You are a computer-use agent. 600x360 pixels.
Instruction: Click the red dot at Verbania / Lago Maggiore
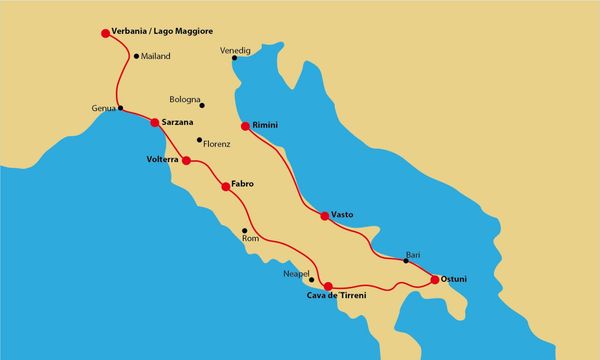point(105,33)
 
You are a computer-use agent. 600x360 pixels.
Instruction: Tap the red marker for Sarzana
point(154,123)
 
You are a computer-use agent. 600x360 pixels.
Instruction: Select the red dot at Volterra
point(186,160)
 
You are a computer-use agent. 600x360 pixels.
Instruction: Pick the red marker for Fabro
point(225,185)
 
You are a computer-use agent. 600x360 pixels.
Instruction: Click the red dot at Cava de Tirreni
point(328,286)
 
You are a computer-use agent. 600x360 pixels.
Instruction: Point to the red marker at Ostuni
point(434,280)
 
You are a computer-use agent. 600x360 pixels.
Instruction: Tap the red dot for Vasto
point(324,216)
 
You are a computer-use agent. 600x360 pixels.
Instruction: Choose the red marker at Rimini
point(245,126)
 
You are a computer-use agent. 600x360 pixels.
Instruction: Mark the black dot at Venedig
point(235,58)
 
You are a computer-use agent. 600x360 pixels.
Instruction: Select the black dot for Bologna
point(202,105)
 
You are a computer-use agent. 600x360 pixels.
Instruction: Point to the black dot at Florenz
point(200,140)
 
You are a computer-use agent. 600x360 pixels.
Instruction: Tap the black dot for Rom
point(245,231)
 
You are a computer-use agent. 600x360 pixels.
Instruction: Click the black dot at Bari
point(406,261)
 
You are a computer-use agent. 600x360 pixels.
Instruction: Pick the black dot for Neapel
point(312,279)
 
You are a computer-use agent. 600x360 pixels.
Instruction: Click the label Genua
point(104,108)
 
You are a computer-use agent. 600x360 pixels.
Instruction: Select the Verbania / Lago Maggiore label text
point(163,32)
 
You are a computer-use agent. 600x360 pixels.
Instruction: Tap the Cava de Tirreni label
point(337,297)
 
